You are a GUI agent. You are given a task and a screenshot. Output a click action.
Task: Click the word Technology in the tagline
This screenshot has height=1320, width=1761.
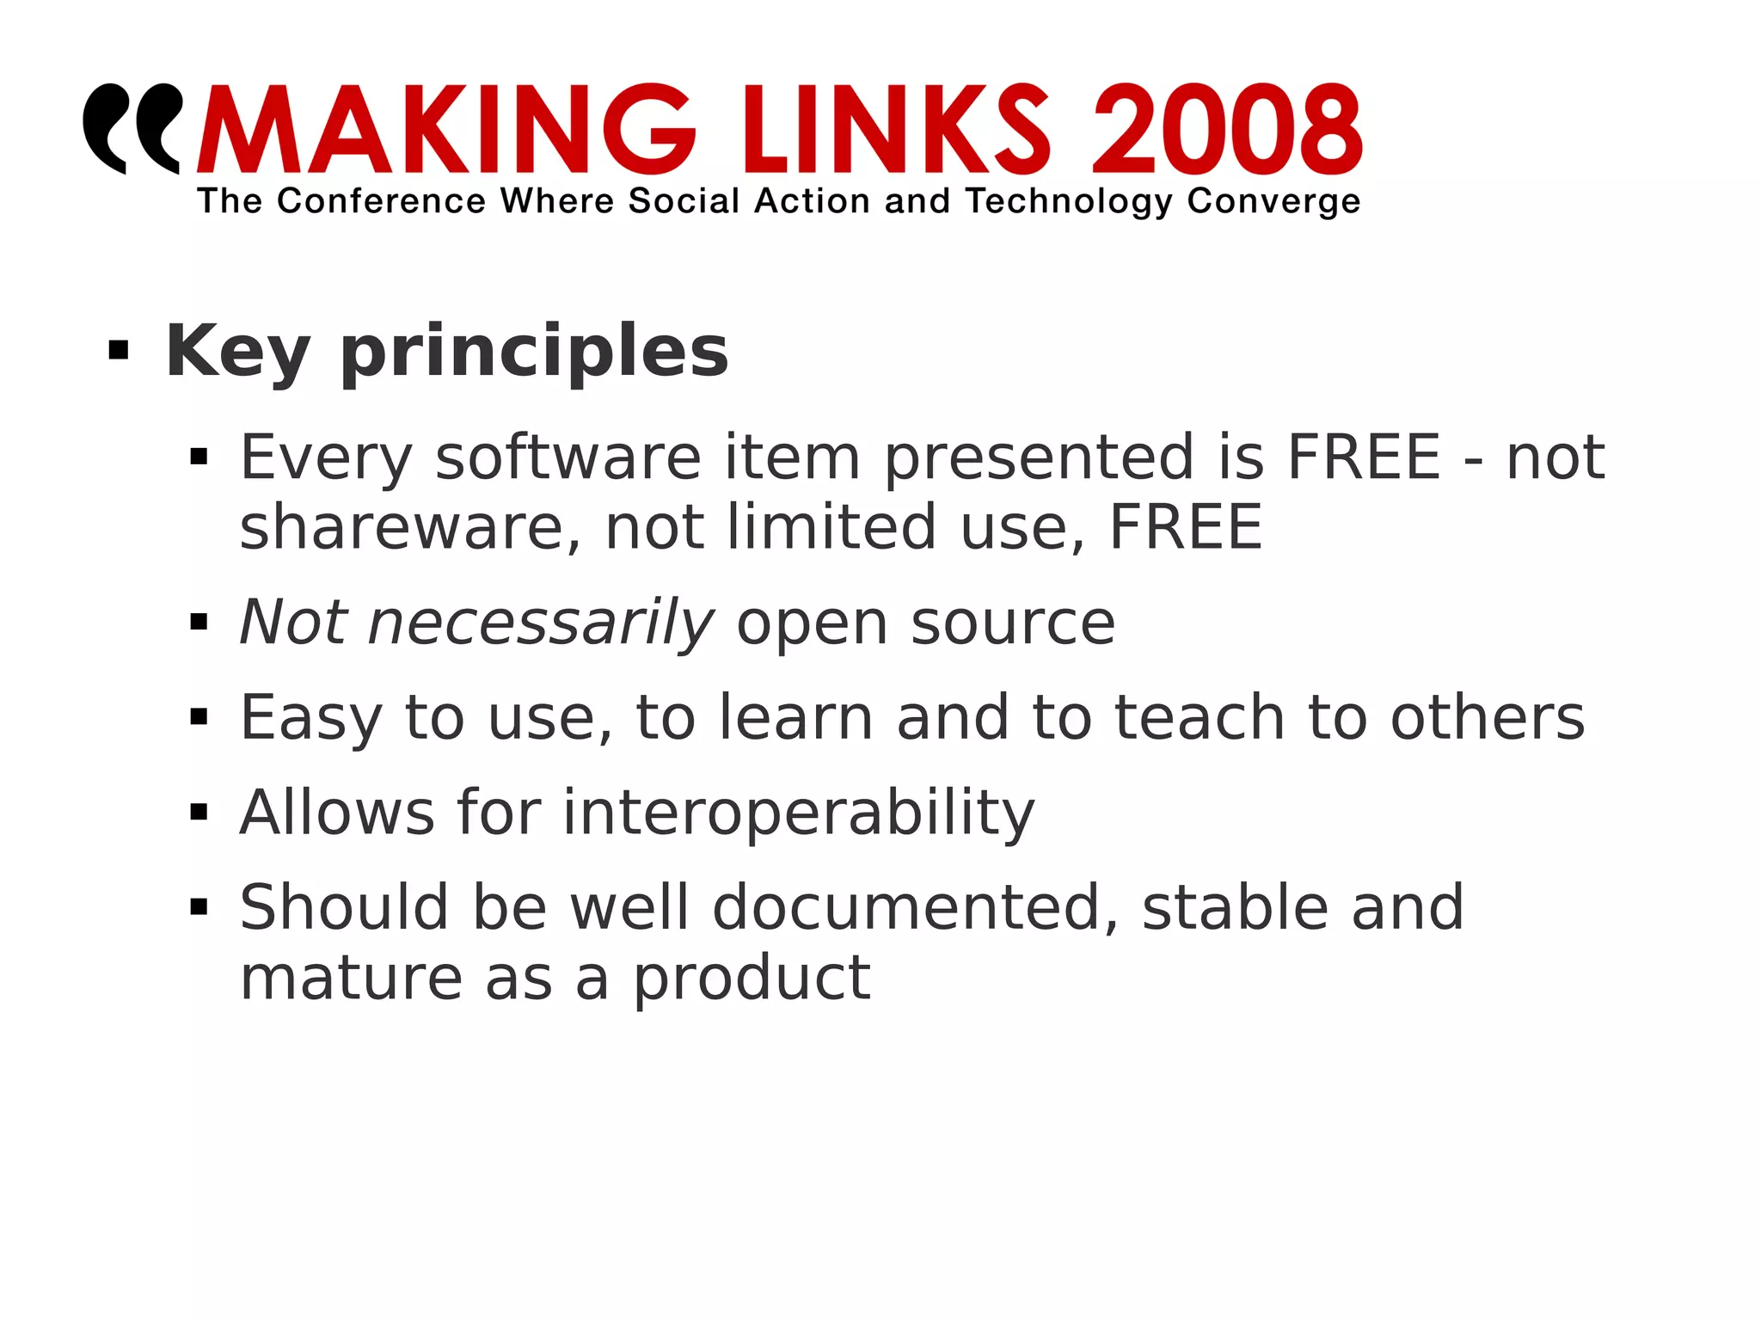[x=1069, y=201]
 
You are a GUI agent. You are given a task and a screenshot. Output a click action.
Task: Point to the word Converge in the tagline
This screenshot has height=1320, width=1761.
[x=1273, y=201]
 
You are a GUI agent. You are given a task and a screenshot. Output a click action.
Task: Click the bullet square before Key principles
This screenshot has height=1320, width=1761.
[x=119, y=351]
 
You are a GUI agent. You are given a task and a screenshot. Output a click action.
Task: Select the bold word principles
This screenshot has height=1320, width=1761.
[x=534, y=353]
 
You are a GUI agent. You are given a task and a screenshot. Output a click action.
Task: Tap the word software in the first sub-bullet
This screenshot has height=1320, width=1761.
[x=568, y=457]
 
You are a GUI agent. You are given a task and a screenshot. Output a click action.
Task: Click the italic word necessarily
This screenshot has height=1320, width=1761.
[x=540, y=623]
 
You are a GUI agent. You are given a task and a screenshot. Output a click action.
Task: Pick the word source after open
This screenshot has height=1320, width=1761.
[x=1013, y=623]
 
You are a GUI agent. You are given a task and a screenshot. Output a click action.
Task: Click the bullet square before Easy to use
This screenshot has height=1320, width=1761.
[x=199, y=716]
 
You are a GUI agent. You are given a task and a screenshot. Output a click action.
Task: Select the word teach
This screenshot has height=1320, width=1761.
[x=1200, y=717]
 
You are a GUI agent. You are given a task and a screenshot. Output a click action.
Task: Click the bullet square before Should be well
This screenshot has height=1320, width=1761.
[x=199, y=906]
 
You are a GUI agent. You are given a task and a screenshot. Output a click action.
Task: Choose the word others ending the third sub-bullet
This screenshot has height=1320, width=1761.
[x=1488, y=717]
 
